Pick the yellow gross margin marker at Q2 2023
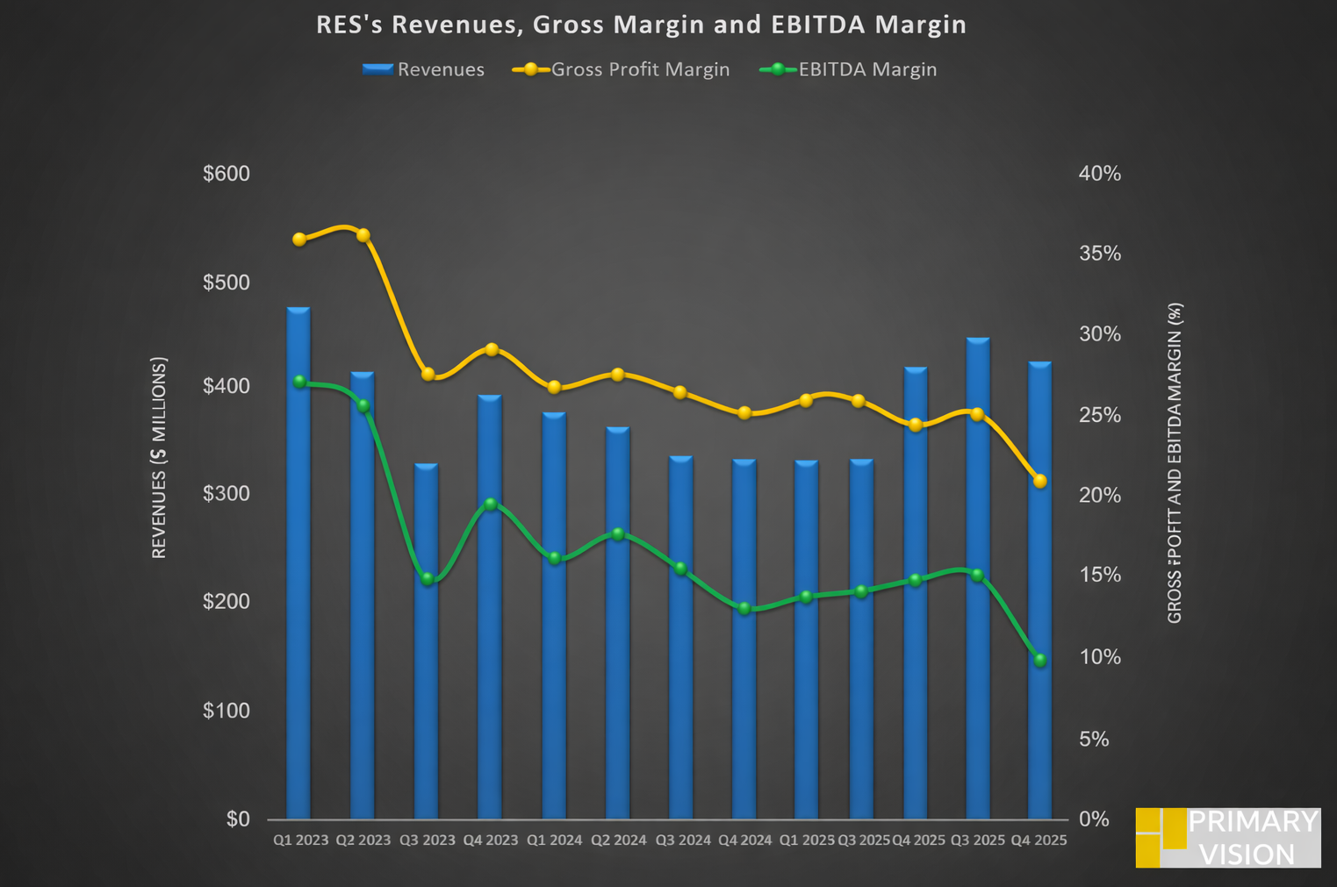tap(363, 235)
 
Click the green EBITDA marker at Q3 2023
tap(428, 579)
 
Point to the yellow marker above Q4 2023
tap(492, 350)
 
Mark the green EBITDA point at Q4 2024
tap(744, 608)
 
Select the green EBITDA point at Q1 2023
tap(299, 382)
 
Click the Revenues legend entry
tap(423, 69)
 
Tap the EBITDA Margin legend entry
tap(849, 69)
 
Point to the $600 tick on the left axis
tap(226, 174)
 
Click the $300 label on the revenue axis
tap(226, 494)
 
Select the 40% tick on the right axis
tap(1100, 174)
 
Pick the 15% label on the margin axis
tap(1100, 575)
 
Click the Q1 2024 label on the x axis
tap(554, 841)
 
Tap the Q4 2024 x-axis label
tap(745, 841)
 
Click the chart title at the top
tap(641, 25)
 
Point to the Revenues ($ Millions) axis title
tap(159, 457)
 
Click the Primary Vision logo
tap(1227, 838)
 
